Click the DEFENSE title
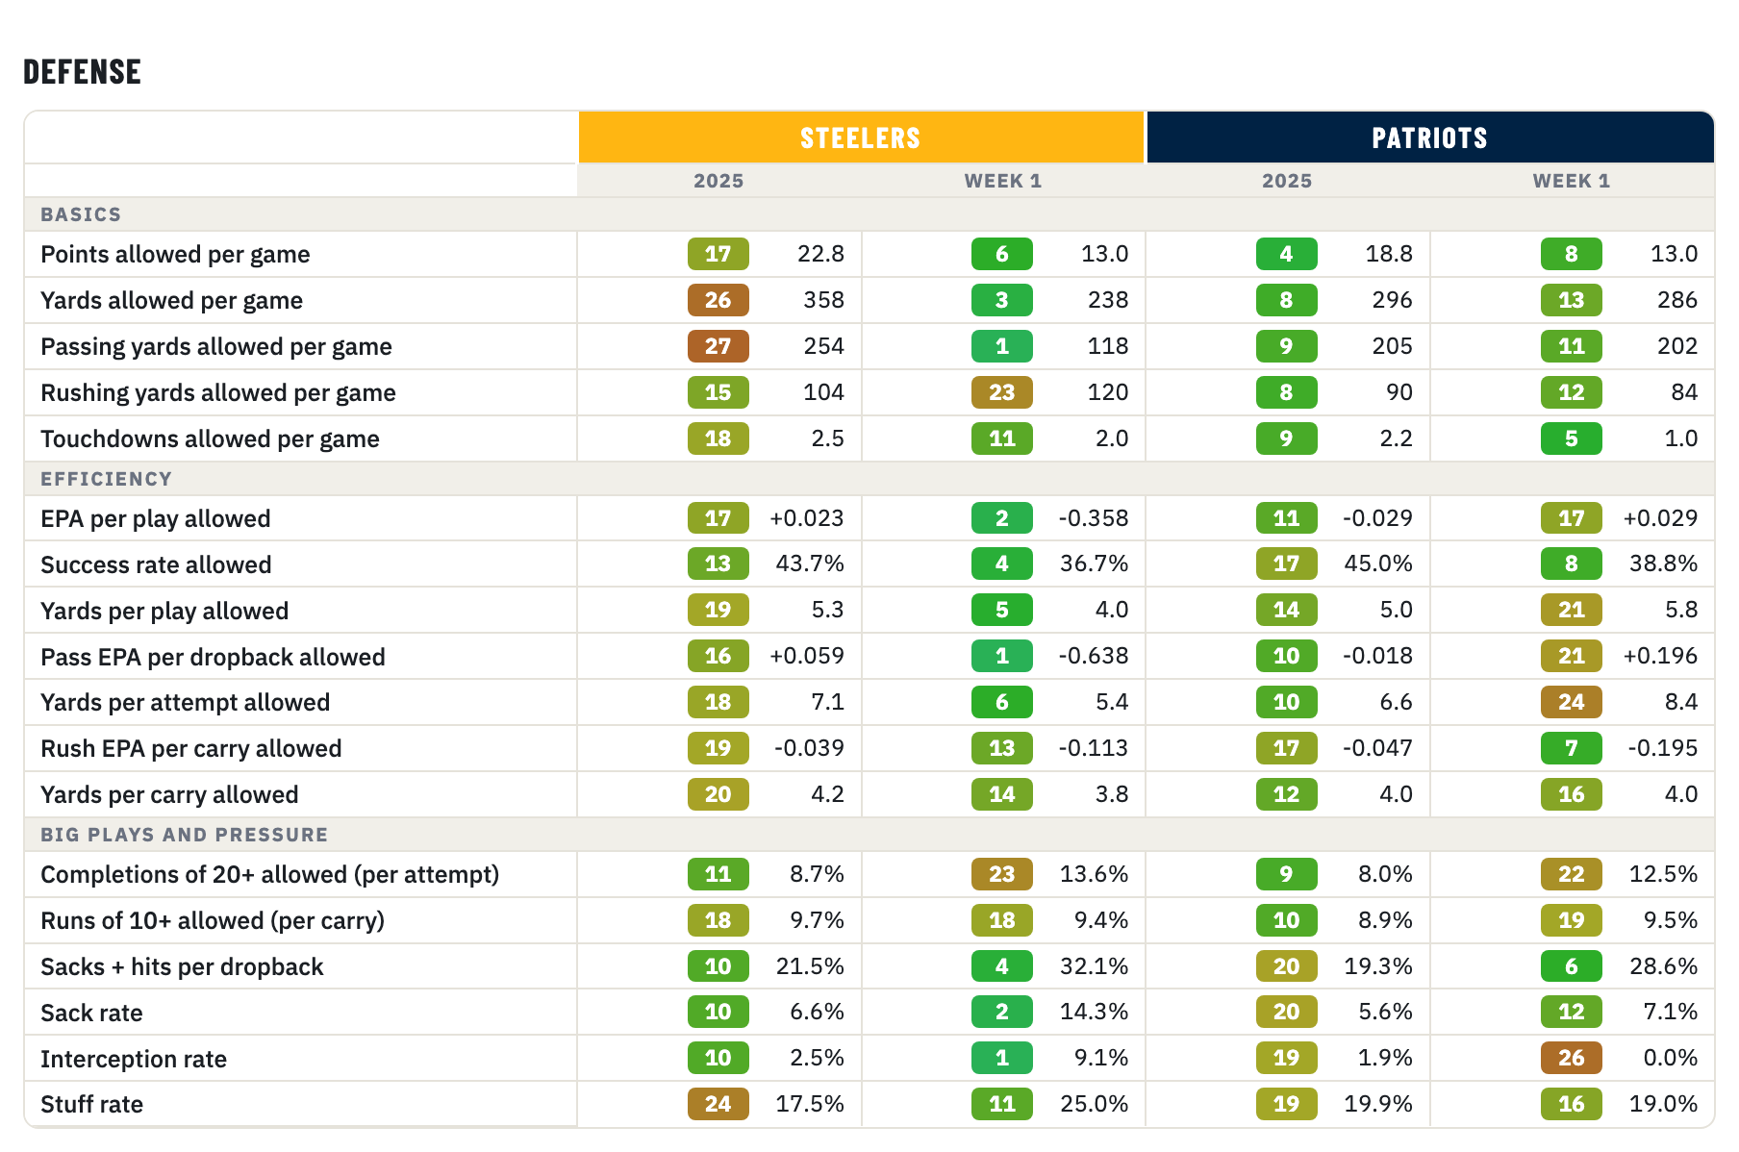[82, 72]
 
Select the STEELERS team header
[861, 138]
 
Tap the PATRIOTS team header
[1429, 138]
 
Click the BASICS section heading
[81, 214]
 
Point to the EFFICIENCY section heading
[106, 479]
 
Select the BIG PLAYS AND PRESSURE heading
[184, 835]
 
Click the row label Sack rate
[91, 1013]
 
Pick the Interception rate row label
[134, 1059]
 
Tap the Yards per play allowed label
[164, 611]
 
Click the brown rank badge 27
[718, 346]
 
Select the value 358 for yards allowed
[823, 300]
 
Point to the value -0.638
[1093, 656]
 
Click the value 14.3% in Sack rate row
[1095, 1012]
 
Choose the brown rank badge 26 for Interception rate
[1571, 1058]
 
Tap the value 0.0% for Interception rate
[1671, 1058]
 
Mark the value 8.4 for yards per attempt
[1681, 702]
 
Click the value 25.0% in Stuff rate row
[1095, 1104]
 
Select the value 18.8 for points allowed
[1389, 254]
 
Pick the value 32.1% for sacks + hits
[1095, 966]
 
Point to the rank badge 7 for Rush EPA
[1571, 748]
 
